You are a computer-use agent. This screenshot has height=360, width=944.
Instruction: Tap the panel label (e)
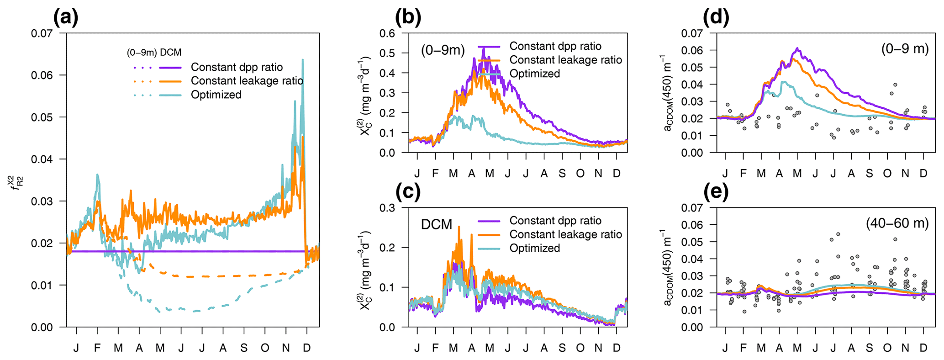pyautogui.click(x=716, y=192)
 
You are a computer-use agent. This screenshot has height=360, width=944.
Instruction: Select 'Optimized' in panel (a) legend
pyautogui.click(x=216, y=95)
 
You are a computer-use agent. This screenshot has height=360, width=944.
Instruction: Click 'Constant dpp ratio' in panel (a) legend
pyautogui.click(x=237, y=67)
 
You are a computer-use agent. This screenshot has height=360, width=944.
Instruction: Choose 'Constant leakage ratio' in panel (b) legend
pyautogui.click(x=565, y=60)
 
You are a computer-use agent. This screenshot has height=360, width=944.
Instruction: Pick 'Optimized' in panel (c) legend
pyautogui.click(x=534, y=248)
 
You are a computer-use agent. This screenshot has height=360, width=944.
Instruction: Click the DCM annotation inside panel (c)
pyautogui.click(x=437, y=224)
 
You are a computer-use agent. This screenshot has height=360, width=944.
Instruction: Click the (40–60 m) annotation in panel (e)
pyautogui.click(x=897, y=223)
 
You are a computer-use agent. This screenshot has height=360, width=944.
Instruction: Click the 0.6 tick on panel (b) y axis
pyautogui.click(x=388, y=33)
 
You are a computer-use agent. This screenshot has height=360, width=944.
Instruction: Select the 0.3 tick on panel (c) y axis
pyautogui.click(x=388, y=208)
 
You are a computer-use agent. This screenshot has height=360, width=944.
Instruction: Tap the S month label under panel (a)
pyautogui.click(x=244, y=348)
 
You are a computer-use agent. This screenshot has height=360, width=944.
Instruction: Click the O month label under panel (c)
pyautogui.click(x=580, y=348)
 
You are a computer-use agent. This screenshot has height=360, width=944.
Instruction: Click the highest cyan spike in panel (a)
pyautogui.click(x=302, y=59)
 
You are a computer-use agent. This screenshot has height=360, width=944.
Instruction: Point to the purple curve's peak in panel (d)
pyautogui.click(x=797, y=48)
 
